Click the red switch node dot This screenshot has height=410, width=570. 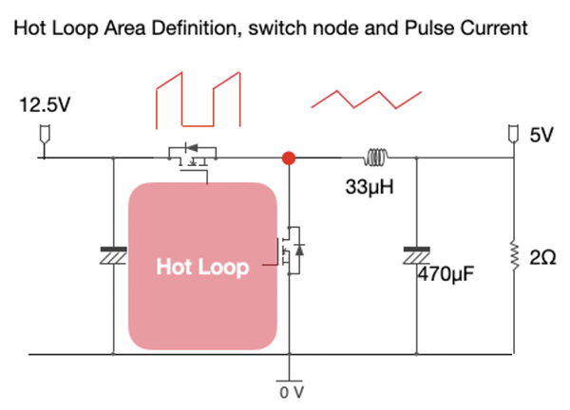[289, 158]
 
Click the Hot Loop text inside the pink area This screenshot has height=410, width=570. [202, 268]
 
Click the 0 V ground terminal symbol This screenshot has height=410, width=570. [289, 372]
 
